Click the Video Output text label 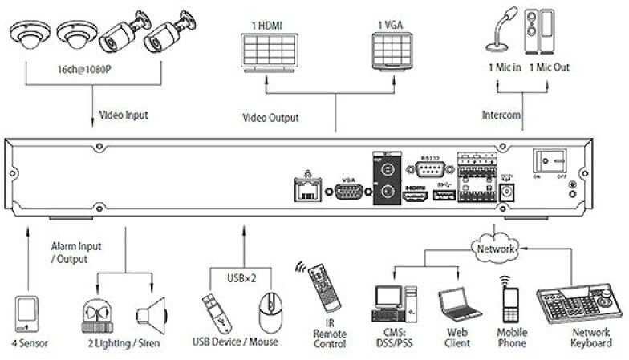(x=270, y=118)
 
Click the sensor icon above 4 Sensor (x=26, y=313)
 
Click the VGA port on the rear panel (x=347, y=192)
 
